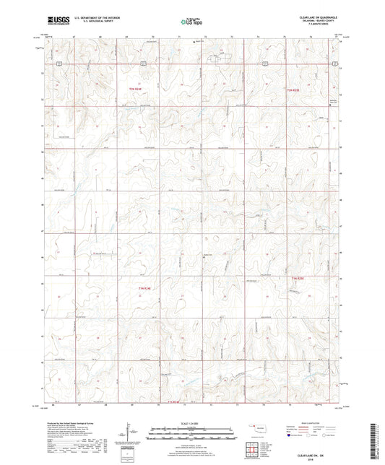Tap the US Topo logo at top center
coord(191,22)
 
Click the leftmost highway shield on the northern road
coord(64,64)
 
